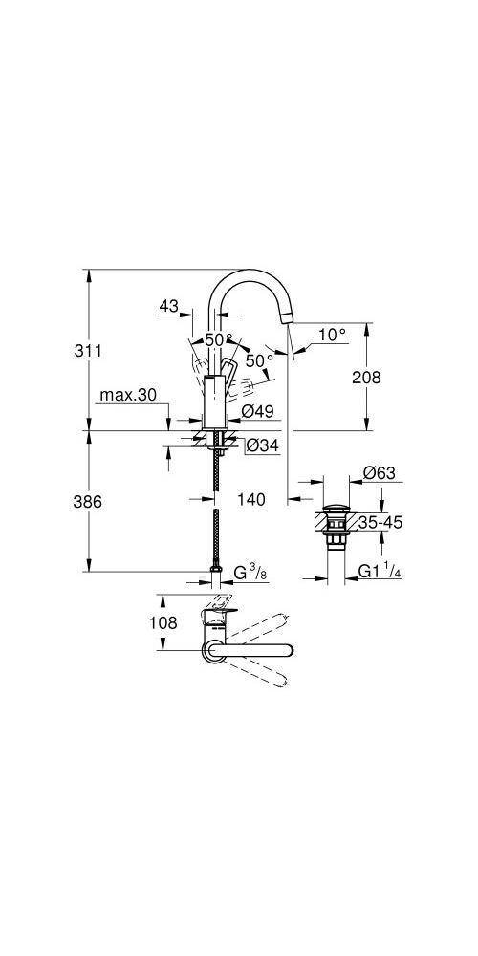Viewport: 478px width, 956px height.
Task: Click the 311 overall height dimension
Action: (88, 351)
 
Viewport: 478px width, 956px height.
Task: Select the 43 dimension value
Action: (168, 306)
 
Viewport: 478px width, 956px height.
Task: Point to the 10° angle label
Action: (332, 335)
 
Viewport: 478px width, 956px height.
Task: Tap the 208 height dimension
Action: (366, 378)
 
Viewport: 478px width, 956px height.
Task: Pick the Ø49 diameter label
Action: (258, 412)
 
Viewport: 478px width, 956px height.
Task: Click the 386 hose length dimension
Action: (88, 502)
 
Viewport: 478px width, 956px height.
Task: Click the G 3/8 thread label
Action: (250, 574)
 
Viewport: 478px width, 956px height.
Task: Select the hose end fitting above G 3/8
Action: (218, 574)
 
